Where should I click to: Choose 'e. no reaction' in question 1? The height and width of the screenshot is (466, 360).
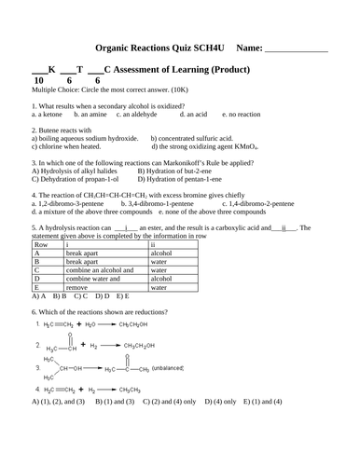click(x=244, y=114)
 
